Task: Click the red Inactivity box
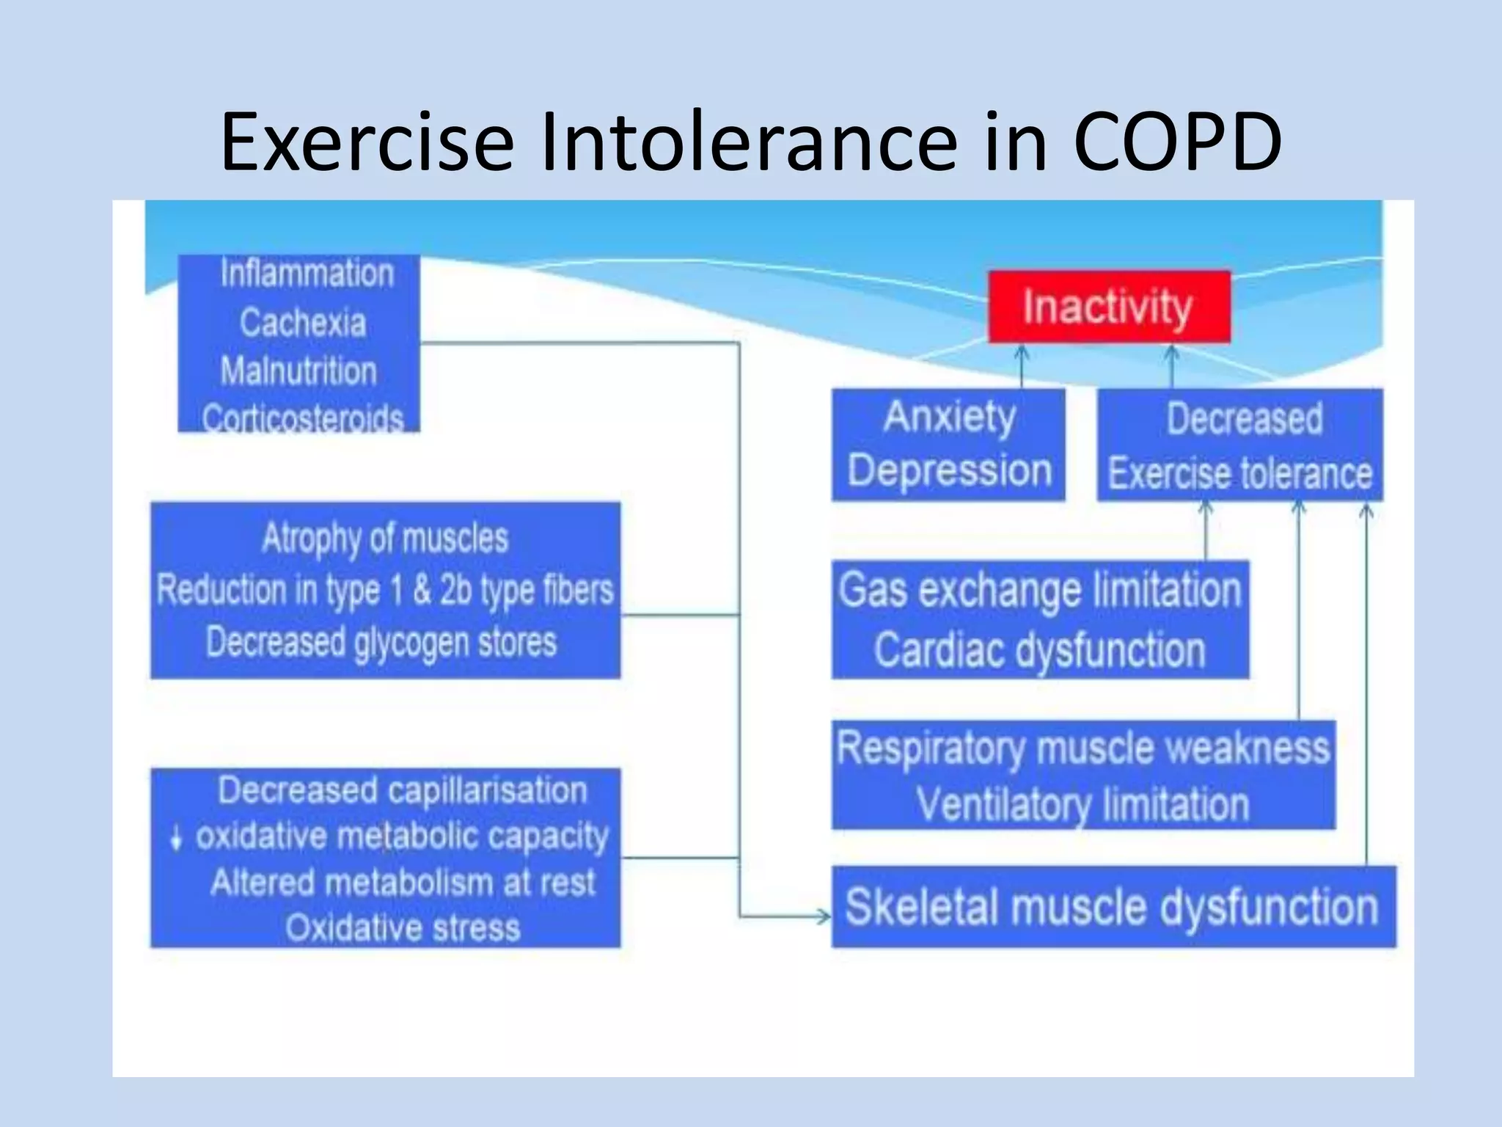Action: point(1108,307)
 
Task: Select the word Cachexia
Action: point(302,323)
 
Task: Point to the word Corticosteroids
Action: point(302,419)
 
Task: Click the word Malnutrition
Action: point(298,371)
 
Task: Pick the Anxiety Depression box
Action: point(948,445)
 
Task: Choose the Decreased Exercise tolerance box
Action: point(1239,445)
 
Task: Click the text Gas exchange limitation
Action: point(1039,590)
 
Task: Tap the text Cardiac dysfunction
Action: point(1039,650)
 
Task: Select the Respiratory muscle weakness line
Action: point(1082,748)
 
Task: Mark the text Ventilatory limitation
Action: point(1082,804)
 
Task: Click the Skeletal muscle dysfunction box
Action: point(1113,907)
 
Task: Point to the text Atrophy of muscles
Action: point(385,538)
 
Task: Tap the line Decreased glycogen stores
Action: point(381,642)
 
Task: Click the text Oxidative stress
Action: point(403,928)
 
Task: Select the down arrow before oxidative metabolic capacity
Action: point(176,837)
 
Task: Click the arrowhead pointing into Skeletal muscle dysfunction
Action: point(824,916)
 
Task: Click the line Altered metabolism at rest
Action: point(403,883)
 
